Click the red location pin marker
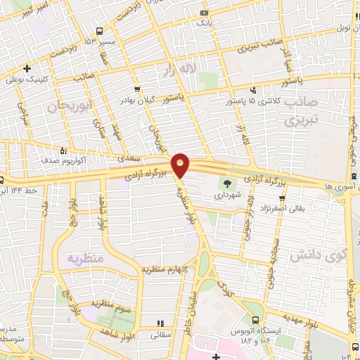[181, 165]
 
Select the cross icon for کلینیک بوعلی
[26, 68]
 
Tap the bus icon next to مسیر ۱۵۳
[99, 31]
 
